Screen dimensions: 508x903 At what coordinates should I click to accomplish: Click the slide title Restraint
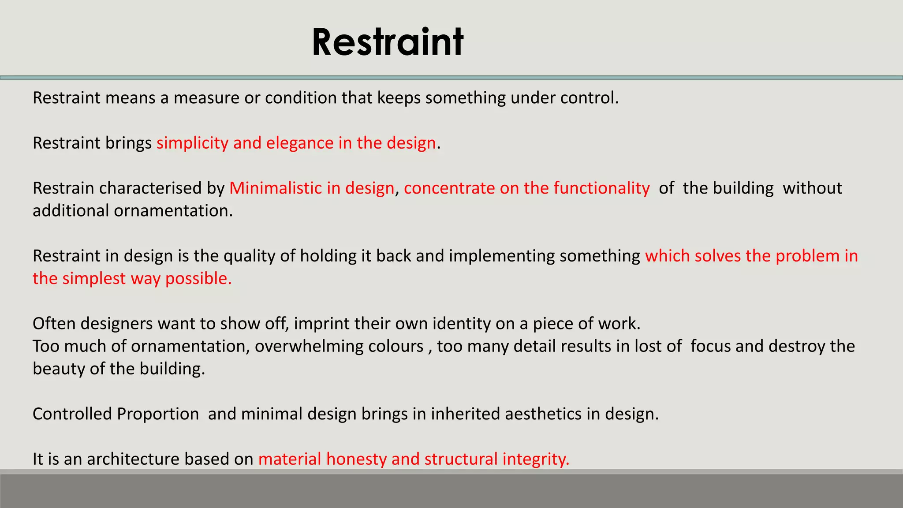click(387, 42)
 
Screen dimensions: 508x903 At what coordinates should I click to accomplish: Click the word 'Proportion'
click(158, 414)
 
